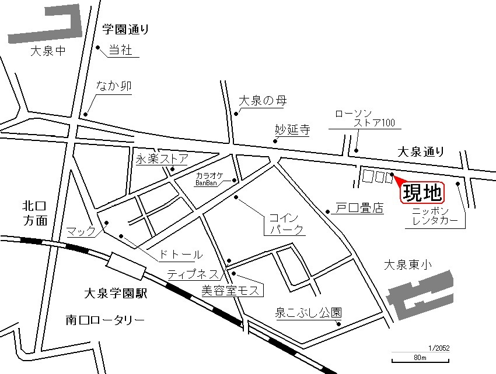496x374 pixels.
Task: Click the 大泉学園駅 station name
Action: click(115, 294)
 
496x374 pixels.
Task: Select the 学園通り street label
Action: click(125, 28)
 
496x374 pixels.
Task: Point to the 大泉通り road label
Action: click(420, 151)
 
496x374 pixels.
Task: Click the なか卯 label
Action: click(114, 86)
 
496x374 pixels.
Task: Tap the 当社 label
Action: click(121, 51)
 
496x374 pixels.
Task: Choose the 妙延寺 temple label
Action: click(292, 129)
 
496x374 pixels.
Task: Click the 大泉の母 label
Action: click(263, 101)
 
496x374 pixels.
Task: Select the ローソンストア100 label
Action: click(365, 118)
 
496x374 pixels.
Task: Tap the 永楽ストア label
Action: click(162, 158)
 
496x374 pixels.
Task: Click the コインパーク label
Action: click(286, 224)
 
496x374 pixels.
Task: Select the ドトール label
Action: click(181, 255)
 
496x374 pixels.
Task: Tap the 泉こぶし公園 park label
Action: click(308, 312)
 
